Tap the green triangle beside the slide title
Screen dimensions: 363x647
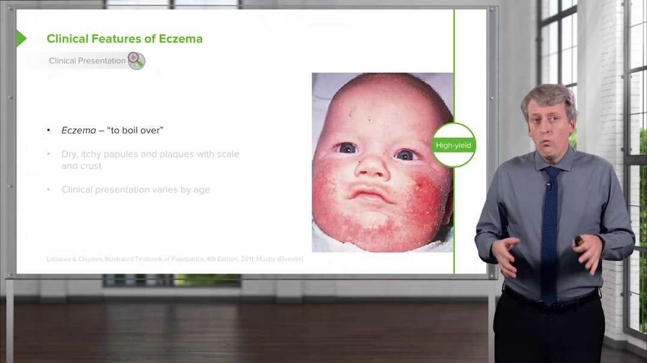21,38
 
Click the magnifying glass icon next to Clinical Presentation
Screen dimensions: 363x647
136,61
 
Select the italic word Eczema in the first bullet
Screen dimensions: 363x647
79,130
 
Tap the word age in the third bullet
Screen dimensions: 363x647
201,190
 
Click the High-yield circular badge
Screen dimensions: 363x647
454,145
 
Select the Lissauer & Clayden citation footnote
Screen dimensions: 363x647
175,259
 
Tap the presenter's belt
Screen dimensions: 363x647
550,297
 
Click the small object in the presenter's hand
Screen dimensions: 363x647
578,241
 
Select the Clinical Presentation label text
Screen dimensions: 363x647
87,61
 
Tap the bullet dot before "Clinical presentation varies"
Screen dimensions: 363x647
49,190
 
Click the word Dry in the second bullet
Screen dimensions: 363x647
69,154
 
